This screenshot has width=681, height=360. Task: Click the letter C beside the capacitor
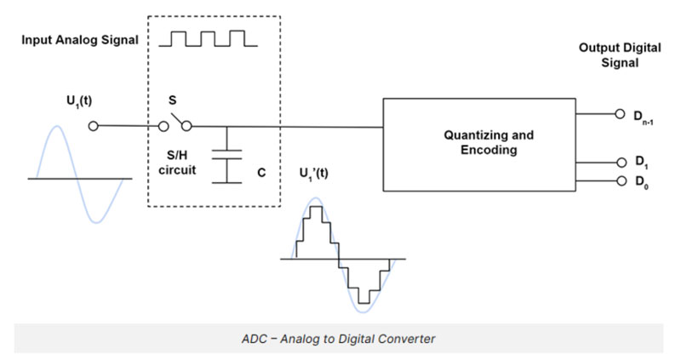click(x=261, y=172)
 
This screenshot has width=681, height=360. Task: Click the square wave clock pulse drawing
click(x=209, y=37)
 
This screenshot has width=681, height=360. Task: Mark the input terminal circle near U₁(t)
click(x=94, y=127)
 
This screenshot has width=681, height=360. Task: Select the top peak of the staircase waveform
click(x=316, y=206)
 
